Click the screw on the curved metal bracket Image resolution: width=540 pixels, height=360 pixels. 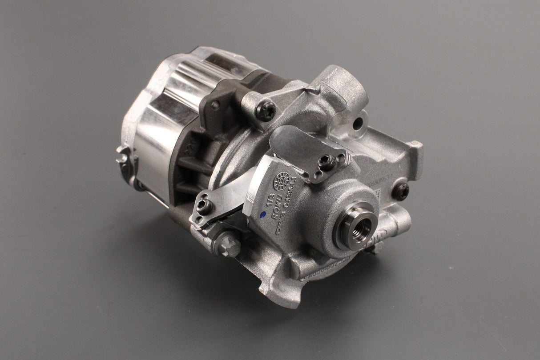(x=327, y=162)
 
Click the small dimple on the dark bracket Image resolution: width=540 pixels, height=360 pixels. (x=215, y=105)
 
